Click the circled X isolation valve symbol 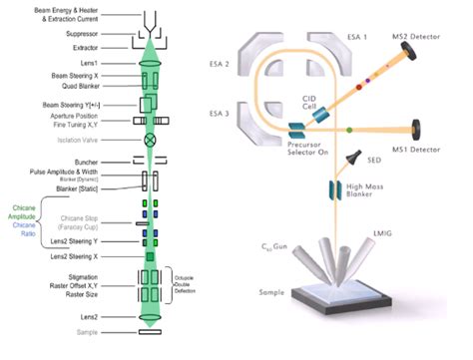151,140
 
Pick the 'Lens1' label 93,62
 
